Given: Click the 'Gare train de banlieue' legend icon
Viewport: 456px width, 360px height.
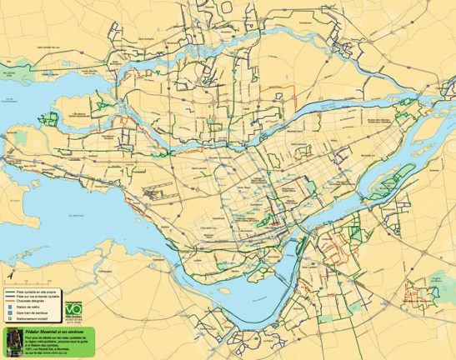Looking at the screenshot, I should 9,313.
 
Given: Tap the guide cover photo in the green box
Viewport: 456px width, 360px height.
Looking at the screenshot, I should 12,342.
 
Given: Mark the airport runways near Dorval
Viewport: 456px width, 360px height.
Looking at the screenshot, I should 155,192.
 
